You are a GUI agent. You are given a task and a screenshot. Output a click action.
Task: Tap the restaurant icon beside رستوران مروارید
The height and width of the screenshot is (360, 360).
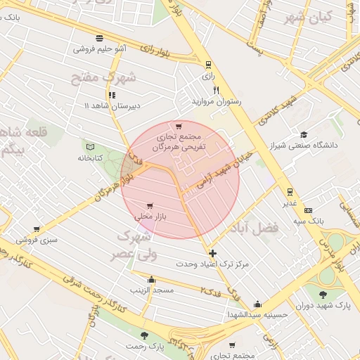coord(216,90)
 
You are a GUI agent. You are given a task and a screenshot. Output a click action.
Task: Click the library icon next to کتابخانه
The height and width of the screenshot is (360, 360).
coord(89,146)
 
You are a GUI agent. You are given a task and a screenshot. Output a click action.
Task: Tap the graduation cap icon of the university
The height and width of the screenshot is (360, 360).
coord(303,134)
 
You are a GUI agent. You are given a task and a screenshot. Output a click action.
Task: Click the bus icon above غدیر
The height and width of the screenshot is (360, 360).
coord(289,191)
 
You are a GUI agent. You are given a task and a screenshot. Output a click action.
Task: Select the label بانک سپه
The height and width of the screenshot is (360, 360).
coord(308,221)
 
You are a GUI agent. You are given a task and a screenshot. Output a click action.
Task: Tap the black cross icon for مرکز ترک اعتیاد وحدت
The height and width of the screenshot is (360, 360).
coord(213,253)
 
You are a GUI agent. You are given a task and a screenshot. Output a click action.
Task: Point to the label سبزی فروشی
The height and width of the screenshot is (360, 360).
coord(37,239)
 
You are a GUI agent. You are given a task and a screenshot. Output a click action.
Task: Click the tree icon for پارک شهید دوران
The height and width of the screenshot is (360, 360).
coord(323,295)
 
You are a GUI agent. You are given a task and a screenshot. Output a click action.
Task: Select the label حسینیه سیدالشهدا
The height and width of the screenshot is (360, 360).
coord(257,314)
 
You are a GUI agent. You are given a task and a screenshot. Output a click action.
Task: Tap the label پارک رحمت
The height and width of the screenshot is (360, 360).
coord(145,346)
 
